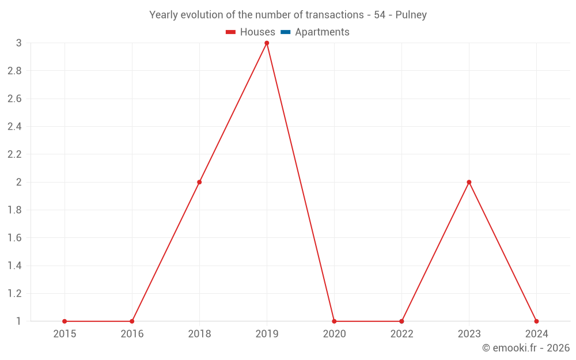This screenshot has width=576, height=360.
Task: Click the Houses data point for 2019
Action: tap(267, 43)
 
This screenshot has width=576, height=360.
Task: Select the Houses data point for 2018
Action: tap(199, 182)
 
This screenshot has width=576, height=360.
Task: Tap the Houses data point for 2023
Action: tap(469, 182)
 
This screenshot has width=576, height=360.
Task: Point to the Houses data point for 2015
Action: tap(65, 321)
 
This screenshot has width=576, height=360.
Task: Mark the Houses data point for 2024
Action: tap(536, 321)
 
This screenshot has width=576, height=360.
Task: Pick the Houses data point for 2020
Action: tap(334, 321)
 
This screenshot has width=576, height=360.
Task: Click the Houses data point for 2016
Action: tap(132, 321)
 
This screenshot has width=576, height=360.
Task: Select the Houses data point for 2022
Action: tap(401, 321)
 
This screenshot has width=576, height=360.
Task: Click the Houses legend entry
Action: tap(251, 32)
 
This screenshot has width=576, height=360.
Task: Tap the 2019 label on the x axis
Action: tap(267, 334)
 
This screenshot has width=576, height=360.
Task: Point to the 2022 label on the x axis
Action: tap(401, 334)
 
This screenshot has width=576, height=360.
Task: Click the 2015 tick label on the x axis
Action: tap(65, 334)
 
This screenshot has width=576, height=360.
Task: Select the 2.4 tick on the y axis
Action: tap(14, 127)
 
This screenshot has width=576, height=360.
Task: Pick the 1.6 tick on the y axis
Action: tap(14, 238)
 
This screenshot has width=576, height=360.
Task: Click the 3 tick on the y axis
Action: tap(19, 43)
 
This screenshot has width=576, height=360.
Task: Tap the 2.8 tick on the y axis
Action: tap(14, 71)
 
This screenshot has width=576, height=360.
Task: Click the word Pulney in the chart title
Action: tap(411, 15)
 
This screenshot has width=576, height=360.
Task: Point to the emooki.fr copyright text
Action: tap(526, 348)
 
